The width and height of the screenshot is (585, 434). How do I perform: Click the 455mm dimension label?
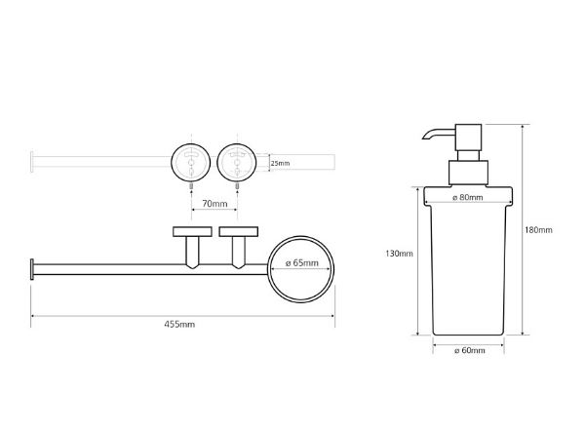179,325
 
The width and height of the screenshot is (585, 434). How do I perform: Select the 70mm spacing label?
214,204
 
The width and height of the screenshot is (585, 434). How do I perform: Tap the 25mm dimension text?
280,163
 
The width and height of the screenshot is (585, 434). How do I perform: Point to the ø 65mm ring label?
302,263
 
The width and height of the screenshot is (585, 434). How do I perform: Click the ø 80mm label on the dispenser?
467,197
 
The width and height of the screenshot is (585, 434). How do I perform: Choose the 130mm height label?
399,254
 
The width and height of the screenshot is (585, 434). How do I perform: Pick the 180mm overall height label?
538,230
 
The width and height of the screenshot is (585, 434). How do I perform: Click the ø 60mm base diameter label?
470,350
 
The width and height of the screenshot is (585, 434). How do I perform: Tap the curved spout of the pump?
438,134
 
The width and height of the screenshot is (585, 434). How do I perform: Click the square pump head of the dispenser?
468,138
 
